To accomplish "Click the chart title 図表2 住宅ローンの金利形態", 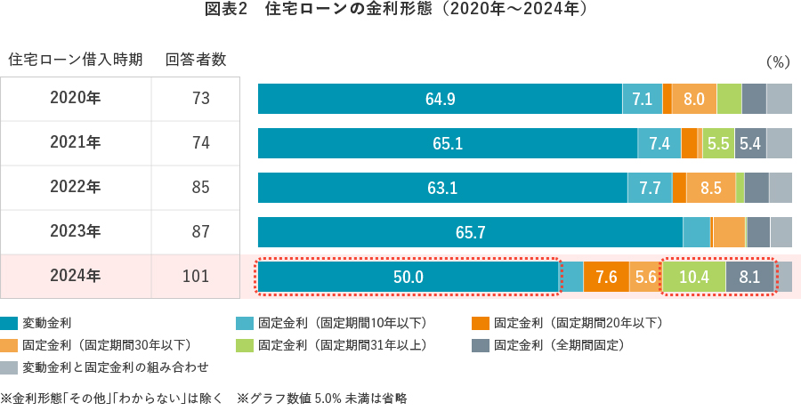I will pyautogui.click(x=400, y=11).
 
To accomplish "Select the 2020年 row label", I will pyautogui.click(x=76, y=99).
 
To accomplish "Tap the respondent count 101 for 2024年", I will pyautogui.click(x=195, y=277).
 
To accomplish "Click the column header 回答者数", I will pyautogui.click(x=196, y=60).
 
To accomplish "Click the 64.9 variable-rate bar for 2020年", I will pyautogui.click(x=440, y=99).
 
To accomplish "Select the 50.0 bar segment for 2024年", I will pyautogui.click(x=408, y=277).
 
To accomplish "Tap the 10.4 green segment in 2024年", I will pyautogui.click(x=693, y=277).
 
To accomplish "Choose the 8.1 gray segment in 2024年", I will pyautogui.click(x=749, y=277).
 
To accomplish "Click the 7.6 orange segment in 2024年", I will pyautogui.click(x=606, y=277).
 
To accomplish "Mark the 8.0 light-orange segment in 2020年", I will pyautogui.click(x=693, y=99).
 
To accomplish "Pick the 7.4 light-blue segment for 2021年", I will pyautogui.click(x=659, y=143).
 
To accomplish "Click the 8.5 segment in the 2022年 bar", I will pyautogui.click(x=710, y=188).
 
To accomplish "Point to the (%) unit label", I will pyautogui.click(x=777, y=61).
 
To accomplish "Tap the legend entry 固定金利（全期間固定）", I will pyautogui.click(x=559, y=344).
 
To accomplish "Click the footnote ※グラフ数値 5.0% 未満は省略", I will pyautogui.click(x=322, y=398).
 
